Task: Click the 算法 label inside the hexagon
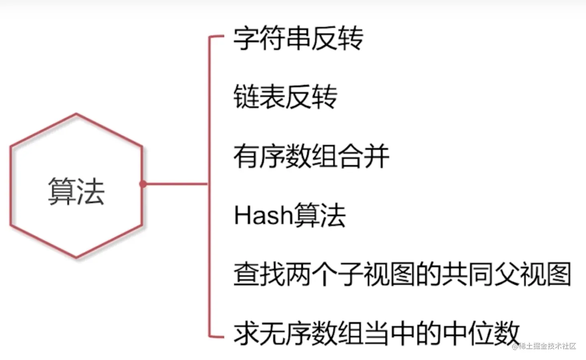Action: [x=76, y=191]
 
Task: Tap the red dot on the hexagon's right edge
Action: [x=143, y=184]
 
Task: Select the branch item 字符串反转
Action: [x=298, y=39]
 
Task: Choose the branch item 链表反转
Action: [x=285, y=97]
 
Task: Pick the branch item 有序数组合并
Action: [x=311, y=156]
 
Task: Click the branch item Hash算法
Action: [x=289, y=215]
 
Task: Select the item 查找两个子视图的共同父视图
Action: [x=402, y=275]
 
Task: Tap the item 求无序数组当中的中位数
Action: [x=376, y=333]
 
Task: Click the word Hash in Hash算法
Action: [x=263, y=215]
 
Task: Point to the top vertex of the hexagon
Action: [x=76, y=114]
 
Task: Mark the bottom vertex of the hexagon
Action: [x=76, y=257]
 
